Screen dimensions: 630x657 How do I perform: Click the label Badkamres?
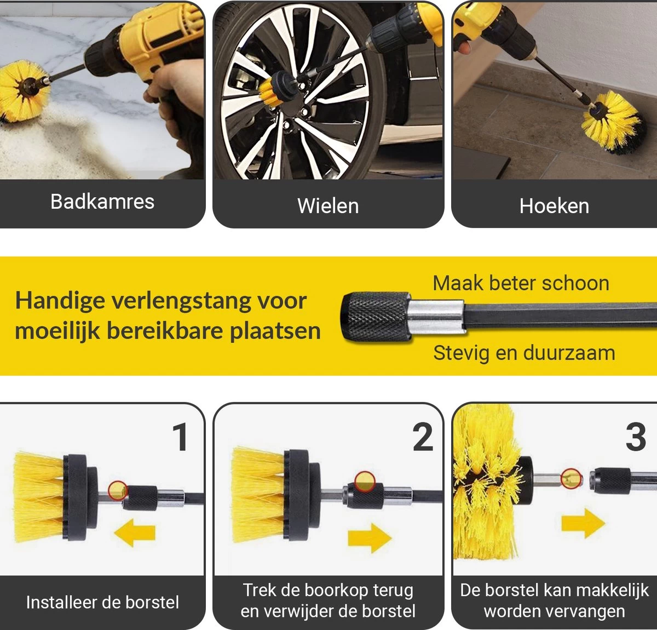[x=102, y=202]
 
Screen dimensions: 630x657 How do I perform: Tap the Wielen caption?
[x=328, y=206]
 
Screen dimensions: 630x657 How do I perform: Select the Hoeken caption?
[x=554, y=206]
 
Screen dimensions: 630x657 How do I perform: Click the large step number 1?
[x=180, y=438]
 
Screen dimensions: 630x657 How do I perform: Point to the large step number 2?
[x=423, y=438]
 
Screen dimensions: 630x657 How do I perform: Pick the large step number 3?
[x=636, y=438]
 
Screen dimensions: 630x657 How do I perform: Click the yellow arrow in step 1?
[x=135, y=533]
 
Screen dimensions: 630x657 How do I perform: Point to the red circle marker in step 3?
[x=572, y=478]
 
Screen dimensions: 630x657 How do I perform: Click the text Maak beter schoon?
[x=521, y=283]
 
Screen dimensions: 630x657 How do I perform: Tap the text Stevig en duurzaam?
[x=524, y=353]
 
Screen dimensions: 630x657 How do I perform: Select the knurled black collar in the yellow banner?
[x=374, y=317]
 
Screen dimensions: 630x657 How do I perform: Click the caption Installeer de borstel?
[x=102, y=603]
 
